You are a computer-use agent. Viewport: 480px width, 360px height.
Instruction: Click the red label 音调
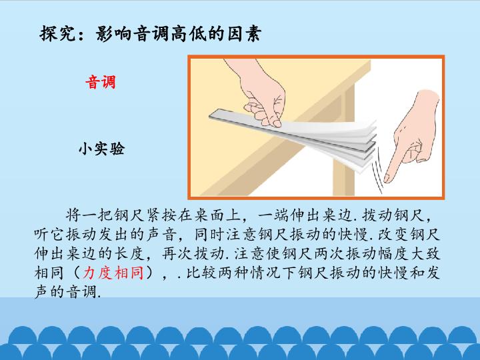101,83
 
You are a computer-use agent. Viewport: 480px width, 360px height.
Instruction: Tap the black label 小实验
101,149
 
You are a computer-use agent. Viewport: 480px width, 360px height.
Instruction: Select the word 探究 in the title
57,33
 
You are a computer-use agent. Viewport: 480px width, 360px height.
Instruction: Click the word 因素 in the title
244,33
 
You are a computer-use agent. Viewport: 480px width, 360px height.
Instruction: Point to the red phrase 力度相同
113,273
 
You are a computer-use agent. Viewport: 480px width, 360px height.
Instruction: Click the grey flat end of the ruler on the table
214,115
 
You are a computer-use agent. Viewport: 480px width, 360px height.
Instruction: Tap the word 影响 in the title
113,33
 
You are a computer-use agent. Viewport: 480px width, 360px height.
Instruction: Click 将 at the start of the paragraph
73,215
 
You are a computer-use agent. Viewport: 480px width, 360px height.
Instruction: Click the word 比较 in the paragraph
202,273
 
